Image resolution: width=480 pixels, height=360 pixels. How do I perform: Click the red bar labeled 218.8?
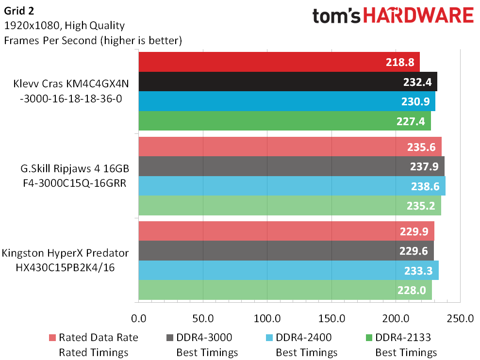coord(279,62)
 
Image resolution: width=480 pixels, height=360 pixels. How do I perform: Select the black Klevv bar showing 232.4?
coord(288,82)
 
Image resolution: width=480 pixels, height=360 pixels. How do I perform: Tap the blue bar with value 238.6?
coord(292,186)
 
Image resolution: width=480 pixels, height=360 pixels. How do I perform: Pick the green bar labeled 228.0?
coord(285,290)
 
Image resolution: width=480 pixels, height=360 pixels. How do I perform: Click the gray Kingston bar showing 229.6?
coord(286,251)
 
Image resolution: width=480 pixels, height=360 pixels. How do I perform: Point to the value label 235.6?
coord(421,147)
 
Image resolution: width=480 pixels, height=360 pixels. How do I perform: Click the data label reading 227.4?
coord(411,121)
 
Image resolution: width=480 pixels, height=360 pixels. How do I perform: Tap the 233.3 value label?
coord(418,271)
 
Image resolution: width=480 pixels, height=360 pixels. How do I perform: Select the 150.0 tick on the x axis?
coord(332,318)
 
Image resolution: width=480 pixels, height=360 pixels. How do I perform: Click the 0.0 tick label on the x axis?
coord(139,318)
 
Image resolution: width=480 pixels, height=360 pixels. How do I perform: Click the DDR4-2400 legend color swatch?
coord(269,338)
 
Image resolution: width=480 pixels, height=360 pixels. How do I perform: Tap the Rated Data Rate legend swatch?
coord(52,338)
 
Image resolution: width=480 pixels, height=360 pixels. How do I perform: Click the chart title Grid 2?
coord(19,11)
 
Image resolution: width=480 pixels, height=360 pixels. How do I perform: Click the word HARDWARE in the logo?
coord(418,16)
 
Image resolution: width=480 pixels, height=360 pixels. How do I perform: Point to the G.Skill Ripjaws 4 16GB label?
coord(75,168)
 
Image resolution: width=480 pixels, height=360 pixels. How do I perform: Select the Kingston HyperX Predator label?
coord(65,253)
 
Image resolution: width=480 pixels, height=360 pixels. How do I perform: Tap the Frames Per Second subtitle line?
coord(93,40)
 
